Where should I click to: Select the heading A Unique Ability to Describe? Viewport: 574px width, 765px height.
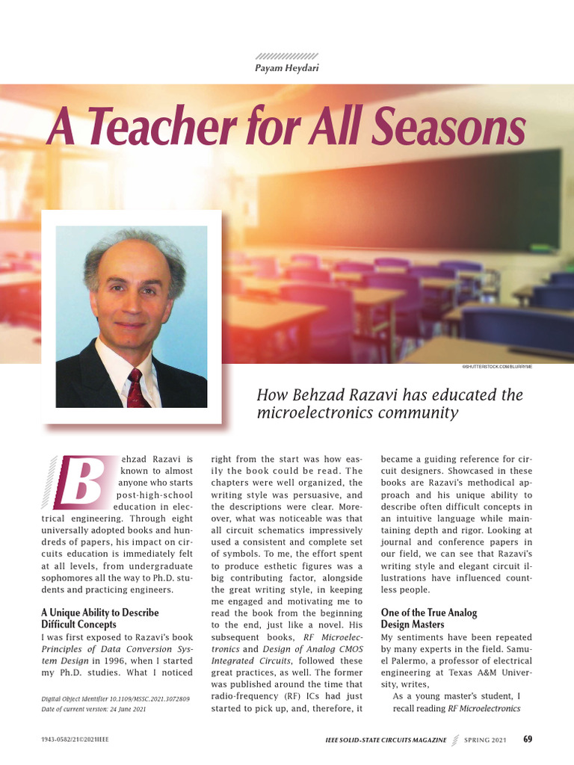click(x=99, y=613)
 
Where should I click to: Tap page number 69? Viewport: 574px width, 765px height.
click(x=528, y=740)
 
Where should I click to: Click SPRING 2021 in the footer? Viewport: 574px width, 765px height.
click(x=484, y=740)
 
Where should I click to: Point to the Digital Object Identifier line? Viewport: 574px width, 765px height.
click(x=115, y=699)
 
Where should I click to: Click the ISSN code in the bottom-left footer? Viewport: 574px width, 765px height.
click(x=75, y=740)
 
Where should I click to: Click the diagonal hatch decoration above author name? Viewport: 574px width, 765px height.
click(x=286, y=56)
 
